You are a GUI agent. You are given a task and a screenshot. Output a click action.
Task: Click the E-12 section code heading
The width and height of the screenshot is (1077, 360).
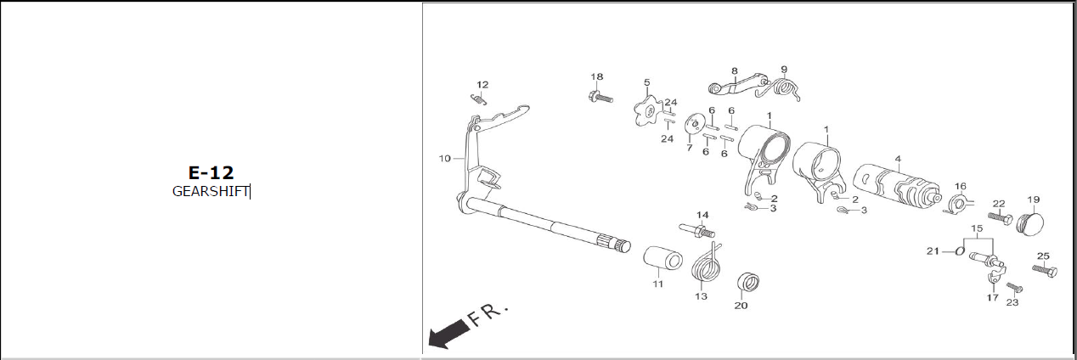pos(211,172)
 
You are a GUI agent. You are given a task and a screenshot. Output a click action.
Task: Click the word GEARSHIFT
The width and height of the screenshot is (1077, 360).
pos(211,191)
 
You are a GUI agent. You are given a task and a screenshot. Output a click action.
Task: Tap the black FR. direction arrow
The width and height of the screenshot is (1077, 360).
pos(449,335)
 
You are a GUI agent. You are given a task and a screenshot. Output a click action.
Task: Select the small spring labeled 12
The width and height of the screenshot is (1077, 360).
pos(478,99)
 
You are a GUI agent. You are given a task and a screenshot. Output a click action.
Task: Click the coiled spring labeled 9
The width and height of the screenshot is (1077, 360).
pos(778,89)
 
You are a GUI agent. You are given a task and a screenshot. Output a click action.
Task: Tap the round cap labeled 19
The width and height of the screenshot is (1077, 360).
pos(1031,223)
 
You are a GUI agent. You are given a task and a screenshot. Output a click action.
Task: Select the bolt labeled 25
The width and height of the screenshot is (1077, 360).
pos(1045,270)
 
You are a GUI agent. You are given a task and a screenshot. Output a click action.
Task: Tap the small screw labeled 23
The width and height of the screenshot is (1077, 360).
pos(1014,288)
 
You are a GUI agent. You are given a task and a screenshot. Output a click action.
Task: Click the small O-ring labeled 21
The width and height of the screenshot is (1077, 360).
pos(960,250)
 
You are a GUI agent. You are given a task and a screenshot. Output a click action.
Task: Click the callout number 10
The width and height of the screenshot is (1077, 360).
pos(445,158)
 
